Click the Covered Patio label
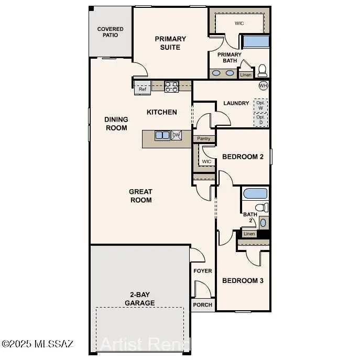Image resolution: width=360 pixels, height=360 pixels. point(111,32)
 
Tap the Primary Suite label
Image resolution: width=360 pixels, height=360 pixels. point(170,43)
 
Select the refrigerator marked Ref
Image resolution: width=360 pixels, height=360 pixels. point(143,89)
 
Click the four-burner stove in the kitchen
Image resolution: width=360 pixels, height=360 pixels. point(171,87)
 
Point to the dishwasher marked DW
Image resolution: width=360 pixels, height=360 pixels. point(176,135)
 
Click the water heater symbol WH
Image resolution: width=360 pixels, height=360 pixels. point(263,85)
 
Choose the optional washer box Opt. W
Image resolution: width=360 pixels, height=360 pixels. point(260,105)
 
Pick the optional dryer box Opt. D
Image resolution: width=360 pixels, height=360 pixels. point(260,120)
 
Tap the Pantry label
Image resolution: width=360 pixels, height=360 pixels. point(204,139)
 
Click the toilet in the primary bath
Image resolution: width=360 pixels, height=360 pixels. point(262,71)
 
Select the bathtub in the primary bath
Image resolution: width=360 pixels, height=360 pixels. point(255,42)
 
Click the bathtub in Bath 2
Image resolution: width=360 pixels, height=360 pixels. point(255,193)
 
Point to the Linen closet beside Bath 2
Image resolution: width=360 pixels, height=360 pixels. point(249,234)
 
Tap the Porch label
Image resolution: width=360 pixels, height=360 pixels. point(203,305)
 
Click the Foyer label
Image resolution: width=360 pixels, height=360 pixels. point(203,271)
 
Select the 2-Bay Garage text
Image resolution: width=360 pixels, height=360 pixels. point(139,299)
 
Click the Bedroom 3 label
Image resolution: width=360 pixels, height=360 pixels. point(243,281)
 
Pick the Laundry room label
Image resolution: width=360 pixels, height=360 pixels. point(236,103)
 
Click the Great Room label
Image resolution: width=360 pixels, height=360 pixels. point(140,196)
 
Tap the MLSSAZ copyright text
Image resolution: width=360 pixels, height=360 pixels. point(38,344)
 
